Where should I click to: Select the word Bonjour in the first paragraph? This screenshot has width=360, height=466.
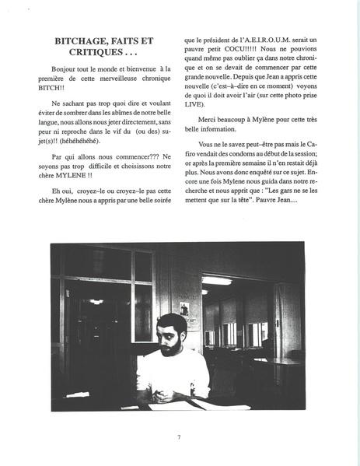click(x=58, y=70)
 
